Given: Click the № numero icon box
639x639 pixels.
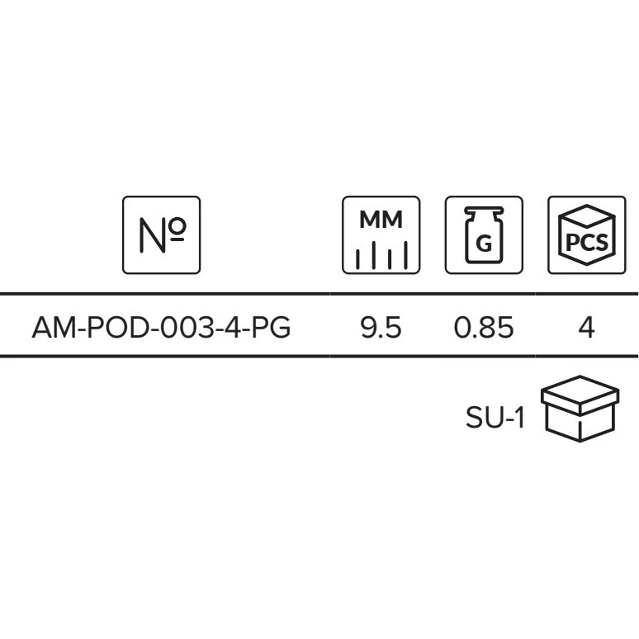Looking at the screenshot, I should click(161, 234).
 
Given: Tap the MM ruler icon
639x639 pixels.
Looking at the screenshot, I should click(381, 234).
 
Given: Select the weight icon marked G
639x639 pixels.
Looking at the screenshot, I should click(484, 234).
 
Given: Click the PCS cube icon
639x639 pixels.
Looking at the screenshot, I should click(587, 234).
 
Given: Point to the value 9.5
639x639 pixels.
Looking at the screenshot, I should click(381, 328).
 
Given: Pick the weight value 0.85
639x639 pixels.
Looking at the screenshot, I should click(484, 328).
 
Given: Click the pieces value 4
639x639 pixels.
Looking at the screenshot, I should click(587, 328).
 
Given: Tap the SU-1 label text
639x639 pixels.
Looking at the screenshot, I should click(495, 419).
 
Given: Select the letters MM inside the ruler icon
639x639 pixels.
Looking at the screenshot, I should click(381, 221).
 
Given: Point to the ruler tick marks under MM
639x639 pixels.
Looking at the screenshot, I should click(381, 256).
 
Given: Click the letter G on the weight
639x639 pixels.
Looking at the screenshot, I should click(485, 244).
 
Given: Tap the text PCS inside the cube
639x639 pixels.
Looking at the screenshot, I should click(587, 243).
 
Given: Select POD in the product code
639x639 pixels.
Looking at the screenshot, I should click(104, 328).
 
